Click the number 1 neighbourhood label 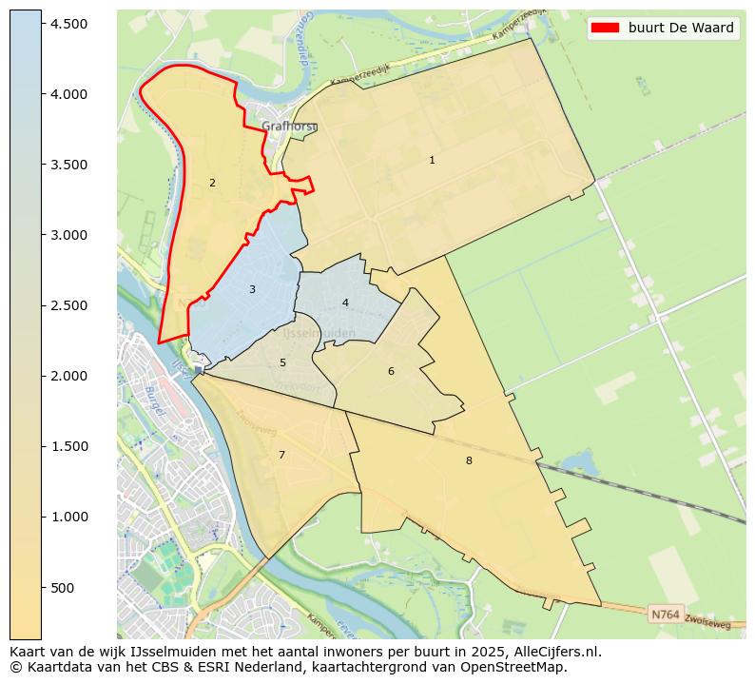point(432,161)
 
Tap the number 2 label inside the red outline point(212,184)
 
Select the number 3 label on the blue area point(252,289)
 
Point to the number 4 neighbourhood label point(345,303)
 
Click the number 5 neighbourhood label point(282,363)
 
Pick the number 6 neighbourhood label point(391,372)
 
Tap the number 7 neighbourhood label point(281,456)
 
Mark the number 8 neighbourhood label point(469,461)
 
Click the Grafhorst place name point(289,126)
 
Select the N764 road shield point(665,615)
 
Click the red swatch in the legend point(605,29)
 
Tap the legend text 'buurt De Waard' point(681,29)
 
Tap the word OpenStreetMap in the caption point(517,668)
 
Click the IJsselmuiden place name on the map point(319,334)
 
